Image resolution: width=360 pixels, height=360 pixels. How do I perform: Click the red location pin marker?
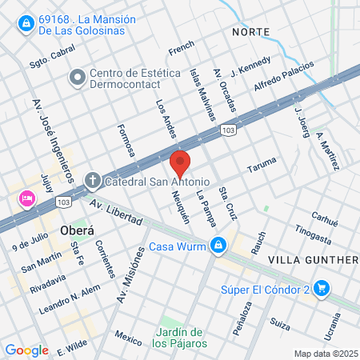pos(181,163)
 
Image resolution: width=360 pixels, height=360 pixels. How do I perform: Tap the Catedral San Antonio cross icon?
pos(92,179)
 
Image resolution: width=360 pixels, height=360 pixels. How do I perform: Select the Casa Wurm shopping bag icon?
pos(217,246)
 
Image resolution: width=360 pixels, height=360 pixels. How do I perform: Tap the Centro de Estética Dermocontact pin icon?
pos(78,78)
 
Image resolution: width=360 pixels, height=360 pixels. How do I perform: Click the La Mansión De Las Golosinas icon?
pos(27,22)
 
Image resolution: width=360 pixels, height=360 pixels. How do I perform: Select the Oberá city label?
pos(77,230)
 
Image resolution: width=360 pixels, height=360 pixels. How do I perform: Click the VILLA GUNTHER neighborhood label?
pos(312,260)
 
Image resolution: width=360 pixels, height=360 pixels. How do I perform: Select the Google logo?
pos(26,350)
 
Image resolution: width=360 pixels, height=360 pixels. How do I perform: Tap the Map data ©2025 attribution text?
pos(323,354)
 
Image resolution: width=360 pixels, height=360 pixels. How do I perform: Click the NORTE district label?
pos(250,31)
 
